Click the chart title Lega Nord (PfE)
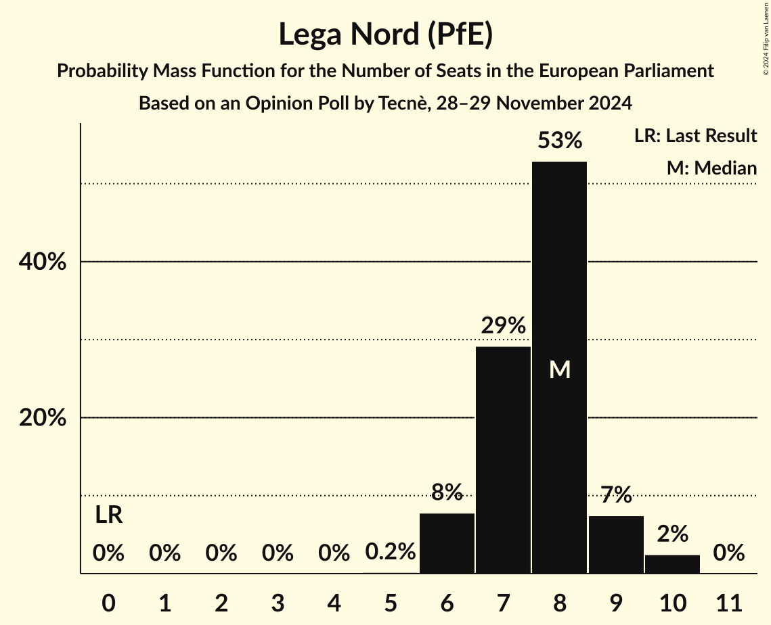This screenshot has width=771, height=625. (x=385, y=34)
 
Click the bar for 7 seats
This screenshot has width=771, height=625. (x=503, y=460)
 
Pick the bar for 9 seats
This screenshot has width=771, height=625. (x=616, y=545)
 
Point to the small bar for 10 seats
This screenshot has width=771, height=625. (x=672, y=564)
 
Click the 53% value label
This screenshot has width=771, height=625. (x=559, y=141)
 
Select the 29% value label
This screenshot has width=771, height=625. (x=503, y=325)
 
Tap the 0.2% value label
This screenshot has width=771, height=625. (x=390, y=553)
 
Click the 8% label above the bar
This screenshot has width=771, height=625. (x=447, y=492)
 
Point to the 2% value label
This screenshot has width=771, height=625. (x=672, y=534)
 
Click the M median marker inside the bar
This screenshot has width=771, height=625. (x=559, y=369)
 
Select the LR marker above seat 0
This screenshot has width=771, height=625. (x=108, y=515)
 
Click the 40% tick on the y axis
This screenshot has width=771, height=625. (x=42, y=262)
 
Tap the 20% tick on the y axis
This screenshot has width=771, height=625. (x=42, y=418)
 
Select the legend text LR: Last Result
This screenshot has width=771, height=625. (x=695, y=136)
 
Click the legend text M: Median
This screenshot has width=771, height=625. (x=711, y=168)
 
